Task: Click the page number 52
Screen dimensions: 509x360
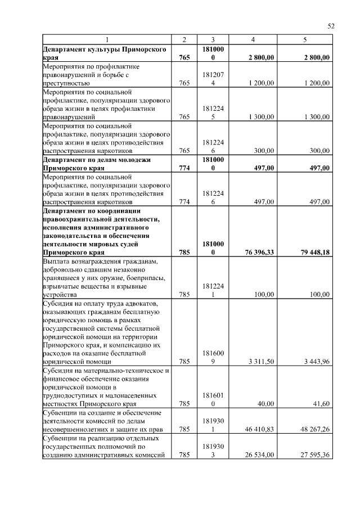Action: (x=331, y=26)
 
